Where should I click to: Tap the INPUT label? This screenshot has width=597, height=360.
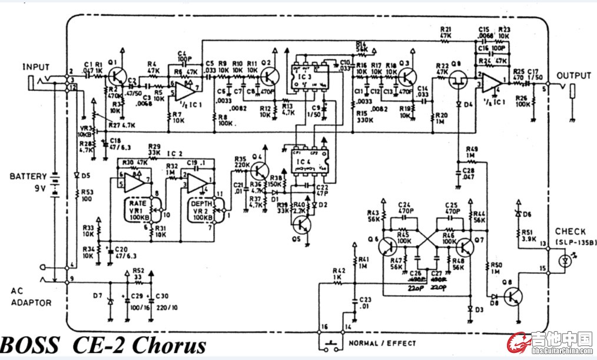pyautogui.click(x=36, y=67)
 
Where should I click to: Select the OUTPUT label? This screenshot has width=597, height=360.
pyautogui.click(x=573, y=75)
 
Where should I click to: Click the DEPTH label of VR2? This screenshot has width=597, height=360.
pyautogui.click(x=202, y=203)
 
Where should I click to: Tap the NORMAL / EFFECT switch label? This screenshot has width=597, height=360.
pyautogui.click(x=382, y=343)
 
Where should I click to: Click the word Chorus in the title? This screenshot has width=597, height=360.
pyautogui.click(x=170, y=345)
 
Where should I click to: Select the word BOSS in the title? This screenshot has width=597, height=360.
pyautogui.click(x=29, y=345)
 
